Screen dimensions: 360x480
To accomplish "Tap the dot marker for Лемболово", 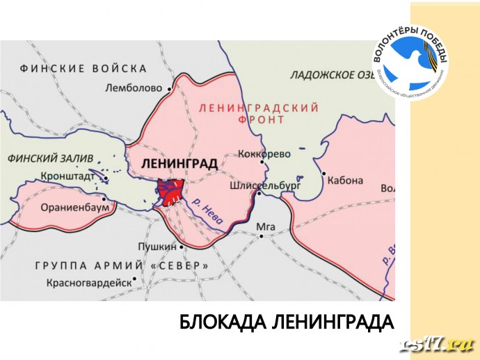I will (x=169, y=88).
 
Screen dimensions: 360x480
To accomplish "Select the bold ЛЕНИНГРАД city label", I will (x=179, y=164).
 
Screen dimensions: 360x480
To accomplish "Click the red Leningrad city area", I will (x=170, y=192).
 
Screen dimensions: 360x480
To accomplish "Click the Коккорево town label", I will (x=264, y=154).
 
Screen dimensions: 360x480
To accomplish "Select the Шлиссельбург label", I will (x=265, y=186).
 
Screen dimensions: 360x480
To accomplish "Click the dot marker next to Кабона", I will (x=323, y=173).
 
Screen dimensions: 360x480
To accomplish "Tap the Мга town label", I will (x=266, y=227).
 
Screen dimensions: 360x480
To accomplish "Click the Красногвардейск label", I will (x=88, y=283).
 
